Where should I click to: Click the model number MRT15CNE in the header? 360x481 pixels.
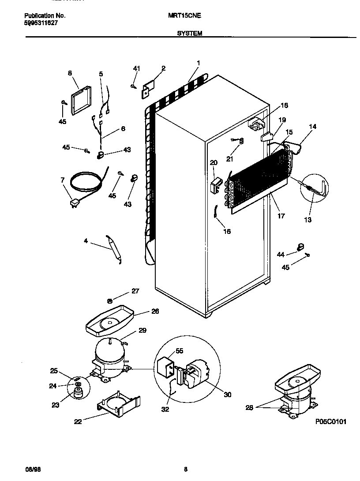[184, 15]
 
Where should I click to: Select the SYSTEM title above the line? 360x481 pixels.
[189, 33]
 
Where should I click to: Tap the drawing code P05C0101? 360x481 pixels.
[331, 421]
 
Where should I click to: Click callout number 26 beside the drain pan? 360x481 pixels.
[155, 311]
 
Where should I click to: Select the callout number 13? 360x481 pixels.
[307, 219]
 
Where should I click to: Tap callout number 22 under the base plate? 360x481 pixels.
[78, 421]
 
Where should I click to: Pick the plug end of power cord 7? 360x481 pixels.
[74, 203]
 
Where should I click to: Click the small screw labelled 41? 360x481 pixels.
[133, 86]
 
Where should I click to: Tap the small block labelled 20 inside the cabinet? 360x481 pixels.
[215, 186]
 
